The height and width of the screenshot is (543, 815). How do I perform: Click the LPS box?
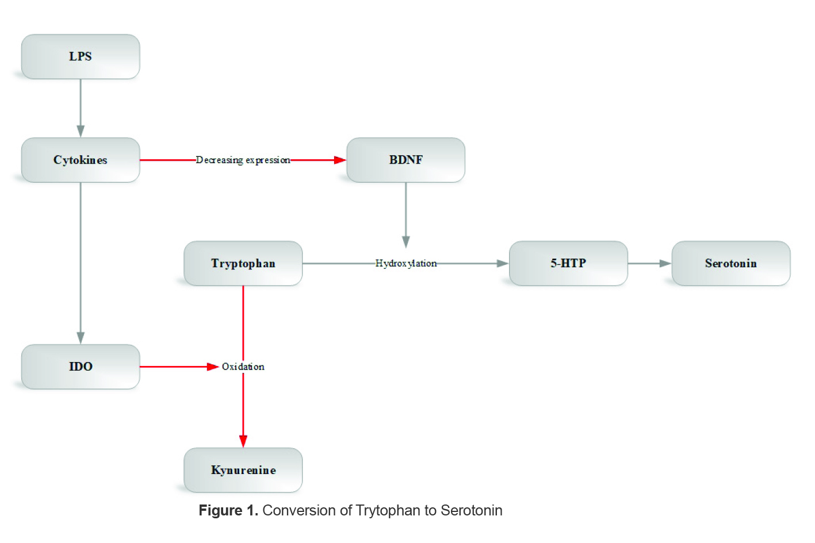81,56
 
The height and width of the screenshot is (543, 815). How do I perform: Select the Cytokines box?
81,160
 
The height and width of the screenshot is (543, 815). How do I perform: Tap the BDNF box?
405,160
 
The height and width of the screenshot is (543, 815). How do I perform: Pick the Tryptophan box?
243,263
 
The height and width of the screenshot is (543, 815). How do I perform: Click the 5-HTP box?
568,263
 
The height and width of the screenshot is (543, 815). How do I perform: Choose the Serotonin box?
730,263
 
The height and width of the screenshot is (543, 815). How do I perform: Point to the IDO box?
81,367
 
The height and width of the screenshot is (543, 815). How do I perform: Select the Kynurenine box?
243,470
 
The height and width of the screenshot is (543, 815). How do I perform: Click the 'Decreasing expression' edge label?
243,160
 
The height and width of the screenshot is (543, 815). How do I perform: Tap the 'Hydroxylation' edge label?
405,263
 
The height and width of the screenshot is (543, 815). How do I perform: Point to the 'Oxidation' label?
243,367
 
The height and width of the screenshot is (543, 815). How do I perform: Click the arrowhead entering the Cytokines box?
81,131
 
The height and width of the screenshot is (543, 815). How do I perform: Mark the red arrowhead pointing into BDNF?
340,160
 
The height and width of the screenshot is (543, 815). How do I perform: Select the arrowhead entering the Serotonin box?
665,263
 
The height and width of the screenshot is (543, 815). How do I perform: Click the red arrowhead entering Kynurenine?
243,441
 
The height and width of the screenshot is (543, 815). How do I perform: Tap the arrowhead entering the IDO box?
81,338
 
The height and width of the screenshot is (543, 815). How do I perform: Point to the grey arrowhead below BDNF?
405,241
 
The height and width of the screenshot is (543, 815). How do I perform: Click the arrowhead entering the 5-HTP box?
503,263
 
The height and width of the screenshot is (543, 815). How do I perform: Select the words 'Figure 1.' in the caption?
228,510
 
